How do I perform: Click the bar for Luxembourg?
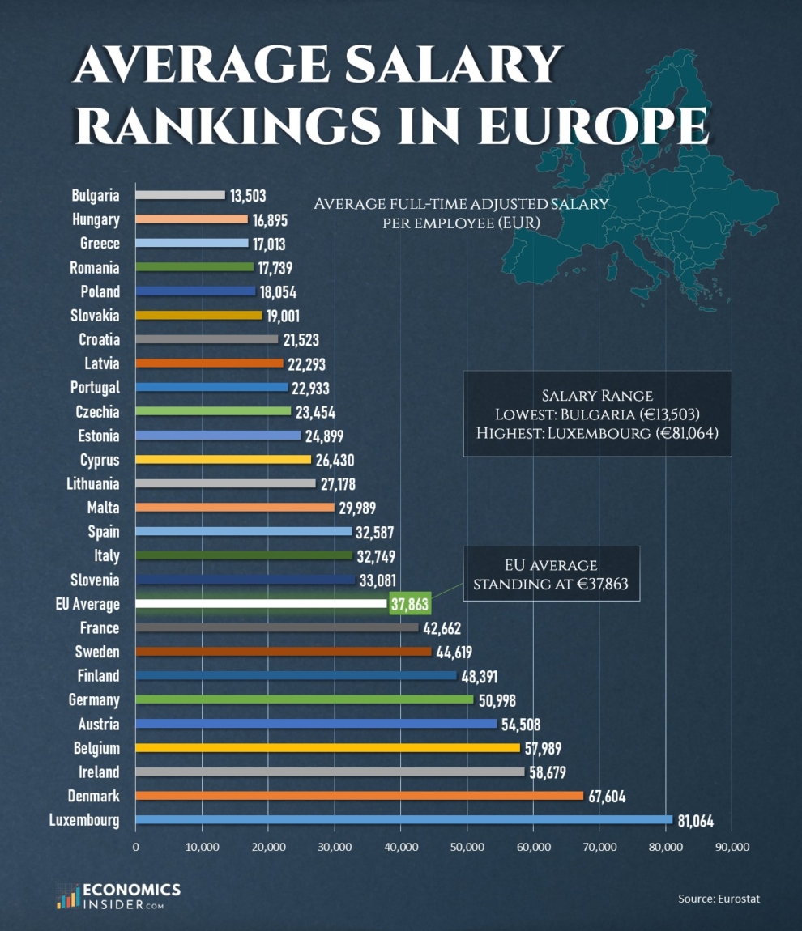pyautogui.click(x=403, y=820)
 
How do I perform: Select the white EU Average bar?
pyautogui.click(x=261, y=604)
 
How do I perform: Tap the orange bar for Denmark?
pyautogui.click(x=359, y=796)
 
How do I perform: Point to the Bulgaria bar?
pyautogui.click(x=180, y=195)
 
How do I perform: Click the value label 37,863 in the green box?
pyautogui.click(x=410, y=605)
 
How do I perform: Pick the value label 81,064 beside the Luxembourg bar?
pyautogui.click(x=695, y=821)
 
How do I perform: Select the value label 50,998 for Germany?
pyautogui.click(x=497, y=700)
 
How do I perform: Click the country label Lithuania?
pyautogui.click(x=92, y=484)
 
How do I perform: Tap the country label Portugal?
pyautogui.click(x=95, y=388)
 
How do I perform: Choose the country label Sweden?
pyautogui.click(x=97, y=652)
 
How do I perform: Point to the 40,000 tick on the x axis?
pyautogui.click(x=400, y=847)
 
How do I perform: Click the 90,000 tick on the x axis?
pyautogui.click(x=732, y=847)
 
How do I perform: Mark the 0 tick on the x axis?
pyautogui.click(x=136, y=847)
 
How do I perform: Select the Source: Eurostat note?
pyautogui.click(x=719, y=898)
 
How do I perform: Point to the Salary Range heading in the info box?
pyautogui.click(x=597, y=396)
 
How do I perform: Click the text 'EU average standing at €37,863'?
pyautogui.click(x=551, y=574)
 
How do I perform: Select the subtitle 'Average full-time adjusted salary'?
pyautogui.click(x=461, y=203)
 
